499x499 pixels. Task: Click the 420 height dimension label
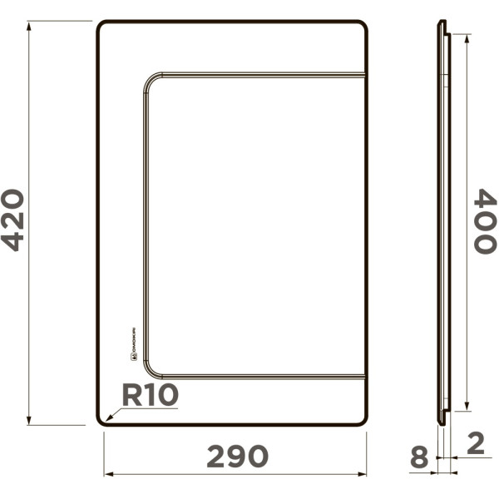[14, 220]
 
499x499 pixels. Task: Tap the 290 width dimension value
[237, 456]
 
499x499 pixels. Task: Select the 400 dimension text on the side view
[485, 221]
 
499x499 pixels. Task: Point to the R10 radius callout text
[151, 395]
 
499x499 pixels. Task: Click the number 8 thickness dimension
[419, 457]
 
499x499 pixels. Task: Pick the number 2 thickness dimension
[476, 442]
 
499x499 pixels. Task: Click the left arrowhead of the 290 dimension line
[107, 475]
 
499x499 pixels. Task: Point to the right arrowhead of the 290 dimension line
[363, 475]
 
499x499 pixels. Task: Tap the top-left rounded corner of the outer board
[101, 25]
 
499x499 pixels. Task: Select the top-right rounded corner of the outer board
[363, 25]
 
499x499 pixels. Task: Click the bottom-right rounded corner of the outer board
[363, 422]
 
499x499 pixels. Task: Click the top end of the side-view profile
[442, 22]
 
